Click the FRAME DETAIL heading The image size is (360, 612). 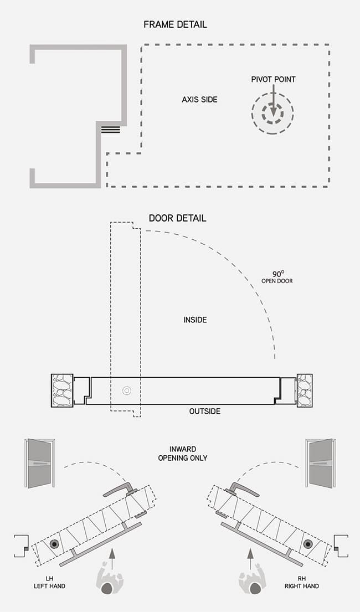(x=175, y=25)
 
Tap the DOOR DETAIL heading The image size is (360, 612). (x=177, y=218)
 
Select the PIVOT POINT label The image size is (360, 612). (x=273, y=80)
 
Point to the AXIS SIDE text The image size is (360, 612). (x=199, y=100)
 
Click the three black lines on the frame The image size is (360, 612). (x=110, y=130)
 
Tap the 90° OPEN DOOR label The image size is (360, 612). (x=277, y=277)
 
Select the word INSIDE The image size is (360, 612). (x=195, y=320)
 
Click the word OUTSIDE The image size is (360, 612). (x=205, y=412)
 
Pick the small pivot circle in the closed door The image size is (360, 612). (x=127, y=390)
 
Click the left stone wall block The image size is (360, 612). (x=62, y=391)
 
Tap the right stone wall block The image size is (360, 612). (x=305, y=391)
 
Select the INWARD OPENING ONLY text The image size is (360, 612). (x=182, y=454)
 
